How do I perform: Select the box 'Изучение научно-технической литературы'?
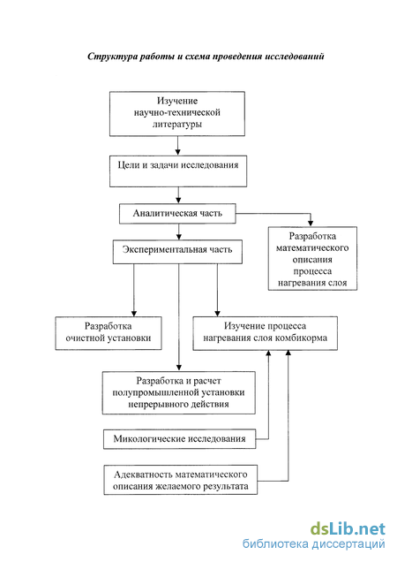pos(177,114)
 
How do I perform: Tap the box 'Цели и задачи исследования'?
pos(178,171)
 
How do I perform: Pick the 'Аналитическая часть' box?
pos(177,214)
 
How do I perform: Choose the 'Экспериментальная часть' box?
pos(177,252)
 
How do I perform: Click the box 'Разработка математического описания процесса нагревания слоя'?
pos(312,258)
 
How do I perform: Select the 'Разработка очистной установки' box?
pos(109,333)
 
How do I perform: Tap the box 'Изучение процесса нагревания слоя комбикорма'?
pos(265,333)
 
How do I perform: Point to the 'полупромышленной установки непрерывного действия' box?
pos(178,393)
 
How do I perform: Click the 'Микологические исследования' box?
pos(179,439)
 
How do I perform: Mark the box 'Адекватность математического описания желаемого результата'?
pos(181,480)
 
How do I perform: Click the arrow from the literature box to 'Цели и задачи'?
pos(178,146)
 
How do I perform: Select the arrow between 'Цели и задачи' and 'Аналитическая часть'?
pos(178,195)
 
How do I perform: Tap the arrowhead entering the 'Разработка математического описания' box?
pos(311,223)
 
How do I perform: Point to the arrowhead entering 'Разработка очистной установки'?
pos(134,313)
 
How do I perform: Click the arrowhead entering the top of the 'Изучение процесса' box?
pos(217,313)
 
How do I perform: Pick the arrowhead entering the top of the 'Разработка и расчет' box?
pos(179,368)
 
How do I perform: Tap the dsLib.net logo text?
pos(348,529)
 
